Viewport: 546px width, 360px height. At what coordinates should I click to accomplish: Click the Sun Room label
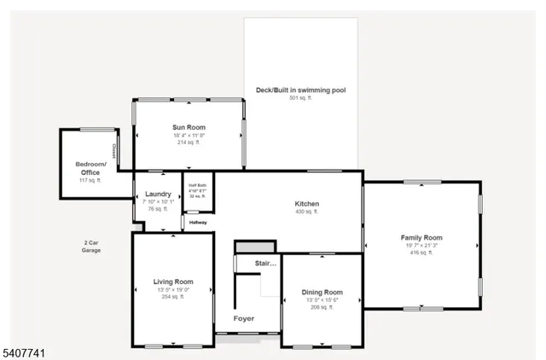coord(189,127)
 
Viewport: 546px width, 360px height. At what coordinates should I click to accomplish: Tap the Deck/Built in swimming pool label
coord(301,90)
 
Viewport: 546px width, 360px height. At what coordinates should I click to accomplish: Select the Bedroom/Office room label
coord(90,168)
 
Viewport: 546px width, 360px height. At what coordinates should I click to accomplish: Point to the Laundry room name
coord(158,194)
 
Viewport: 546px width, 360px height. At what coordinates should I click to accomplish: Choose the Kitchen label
coord(306,204)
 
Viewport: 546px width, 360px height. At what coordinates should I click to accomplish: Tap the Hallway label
coord(198,223)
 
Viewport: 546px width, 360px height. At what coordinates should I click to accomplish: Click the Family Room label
coord(421,237)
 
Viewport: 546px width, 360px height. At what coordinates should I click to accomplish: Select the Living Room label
coord(173,282)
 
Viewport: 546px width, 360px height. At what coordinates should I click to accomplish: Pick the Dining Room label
coord(322,292)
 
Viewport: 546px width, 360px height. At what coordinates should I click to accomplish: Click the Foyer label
coord(244,319)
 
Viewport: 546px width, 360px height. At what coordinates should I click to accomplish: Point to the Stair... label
coord(266,264)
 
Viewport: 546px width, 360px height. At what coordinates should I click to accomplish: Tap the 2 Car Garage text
coord(91,247)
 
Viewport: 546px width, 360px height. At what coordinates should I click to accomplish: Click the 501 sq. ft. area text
coord(301,98)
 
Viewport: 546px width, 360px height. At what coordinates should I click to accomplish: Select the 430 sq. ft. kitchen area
coord(306,212)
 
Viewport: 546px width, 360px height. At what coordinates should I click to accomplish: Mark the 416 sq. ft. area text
coord(421,253)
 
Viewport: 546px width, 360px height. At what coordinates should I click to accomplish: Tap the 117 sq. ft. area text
coord(90,181)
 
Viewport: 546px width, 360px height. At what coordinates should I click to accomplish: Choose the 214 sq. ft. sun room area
coord(189,142)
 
